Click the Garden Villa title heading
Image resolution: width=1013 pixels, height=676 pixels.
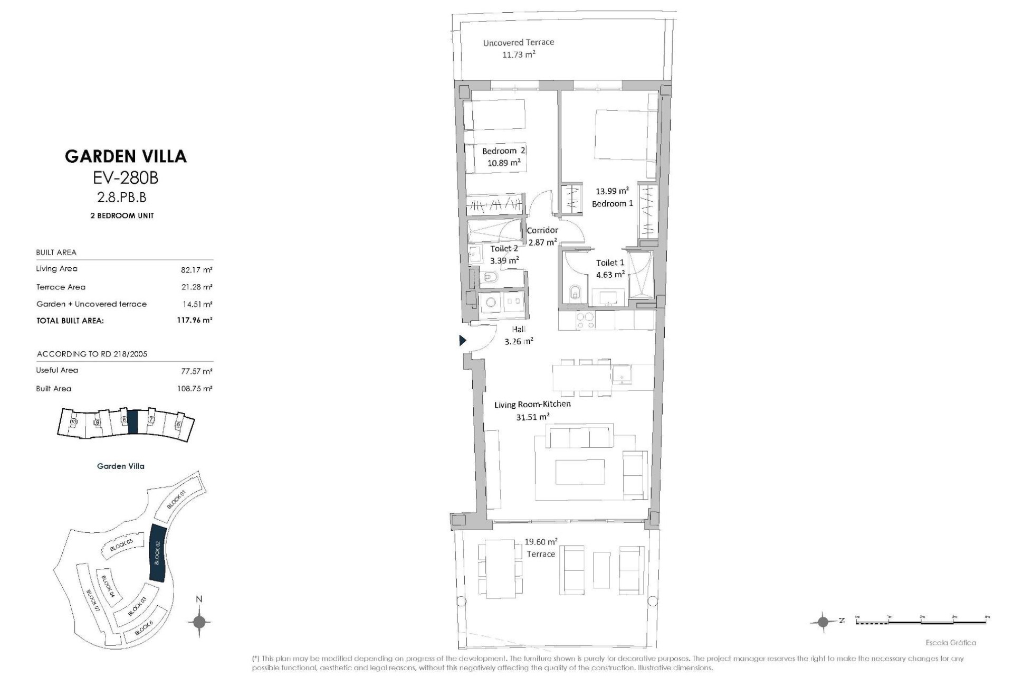pos(126,156)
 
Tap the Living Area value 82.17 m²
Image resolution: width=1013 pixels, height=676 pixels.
pos(196,270)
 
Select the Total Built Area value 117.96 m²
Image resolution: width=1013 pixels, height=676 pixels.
pos(194,320)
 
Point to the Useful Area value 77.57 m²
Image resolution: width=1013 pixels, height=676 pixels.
pos(196,371)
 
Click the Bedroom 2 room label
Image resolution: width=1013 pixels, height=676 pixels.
pos(503,151)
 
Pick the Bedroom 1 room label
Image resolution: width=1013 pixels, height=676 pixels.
pos(612,203)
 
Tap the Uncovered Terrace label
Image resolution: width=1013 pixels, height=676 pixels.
pos(518,43)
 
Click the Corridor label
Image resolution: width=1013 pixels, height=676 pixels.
pos(542,230)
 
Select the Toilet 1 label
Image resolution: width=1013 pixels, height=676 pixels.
pos(610,262)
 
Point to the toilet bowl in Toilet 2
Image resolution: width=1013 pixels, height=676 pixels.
pos(490,276)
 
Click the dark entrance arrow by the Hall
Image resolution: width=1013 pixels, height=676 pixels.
pos(463,341)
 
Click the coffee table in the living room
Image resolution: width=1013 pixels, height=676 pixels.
pos(580,471)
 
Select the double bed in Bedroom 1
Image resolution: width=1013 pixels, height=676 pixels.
pos(626,135)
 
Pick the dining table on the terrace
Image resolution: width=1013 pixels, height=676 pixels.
pos(500,568)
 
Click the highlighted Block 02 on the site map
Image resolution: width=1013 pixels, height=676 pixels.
pos(158,553)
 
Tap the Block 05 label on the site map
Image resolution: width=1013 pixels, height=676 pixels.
pos(121,546)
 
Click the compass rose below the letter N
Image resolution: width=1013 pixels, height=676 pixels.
pos(199,622)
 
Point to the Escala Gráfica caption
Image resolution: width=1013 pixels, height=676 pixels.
pos(951,643)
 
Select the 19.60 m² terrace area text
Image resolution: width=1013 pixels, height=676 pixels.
pos(541,542)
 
